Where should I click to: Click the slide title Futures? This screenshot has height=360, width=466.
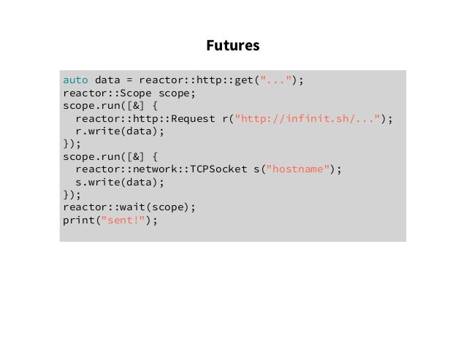click(x=232, y=46)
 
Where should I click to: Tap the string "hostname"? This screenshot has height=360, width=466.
click(x=299, y=169)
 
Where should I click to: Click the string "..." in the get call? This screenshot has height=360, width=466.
click(x=278, y=80)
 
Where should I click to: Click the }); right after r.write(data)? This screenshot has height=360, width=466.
click(x=72, y=143)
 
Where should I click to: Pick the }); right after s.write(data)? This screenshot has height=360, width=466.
click(x=72, y=194)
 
